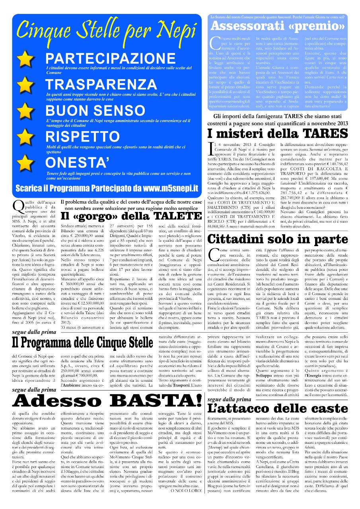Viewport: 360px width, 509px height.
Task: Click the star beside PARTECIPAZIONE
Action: [25, 59]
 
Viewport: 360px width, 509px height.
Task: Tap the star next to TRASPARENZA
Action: [25, 85]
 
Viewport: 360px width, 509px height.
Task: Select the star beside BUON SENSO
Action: [25, 111]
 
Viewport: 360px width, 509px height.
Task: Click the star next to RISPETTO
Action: [25, 136]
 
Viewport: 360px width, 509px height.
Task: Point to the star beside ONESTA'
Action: [25, 163]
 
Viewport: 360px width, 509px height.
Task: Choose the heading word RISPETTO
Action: [82, 136]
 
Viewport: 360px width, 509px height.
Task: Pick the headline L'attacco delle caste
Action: [278, 408]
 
